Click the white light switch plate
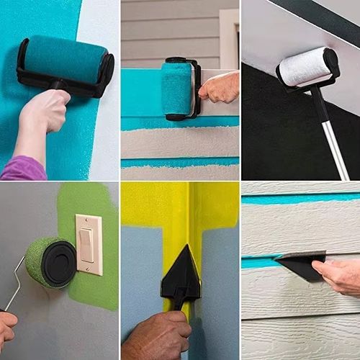click(89, 244)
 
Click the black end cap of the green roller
click(59, 262)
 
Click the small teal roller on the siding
click(176, 90)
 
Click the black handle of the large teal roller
click(56, 86)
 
